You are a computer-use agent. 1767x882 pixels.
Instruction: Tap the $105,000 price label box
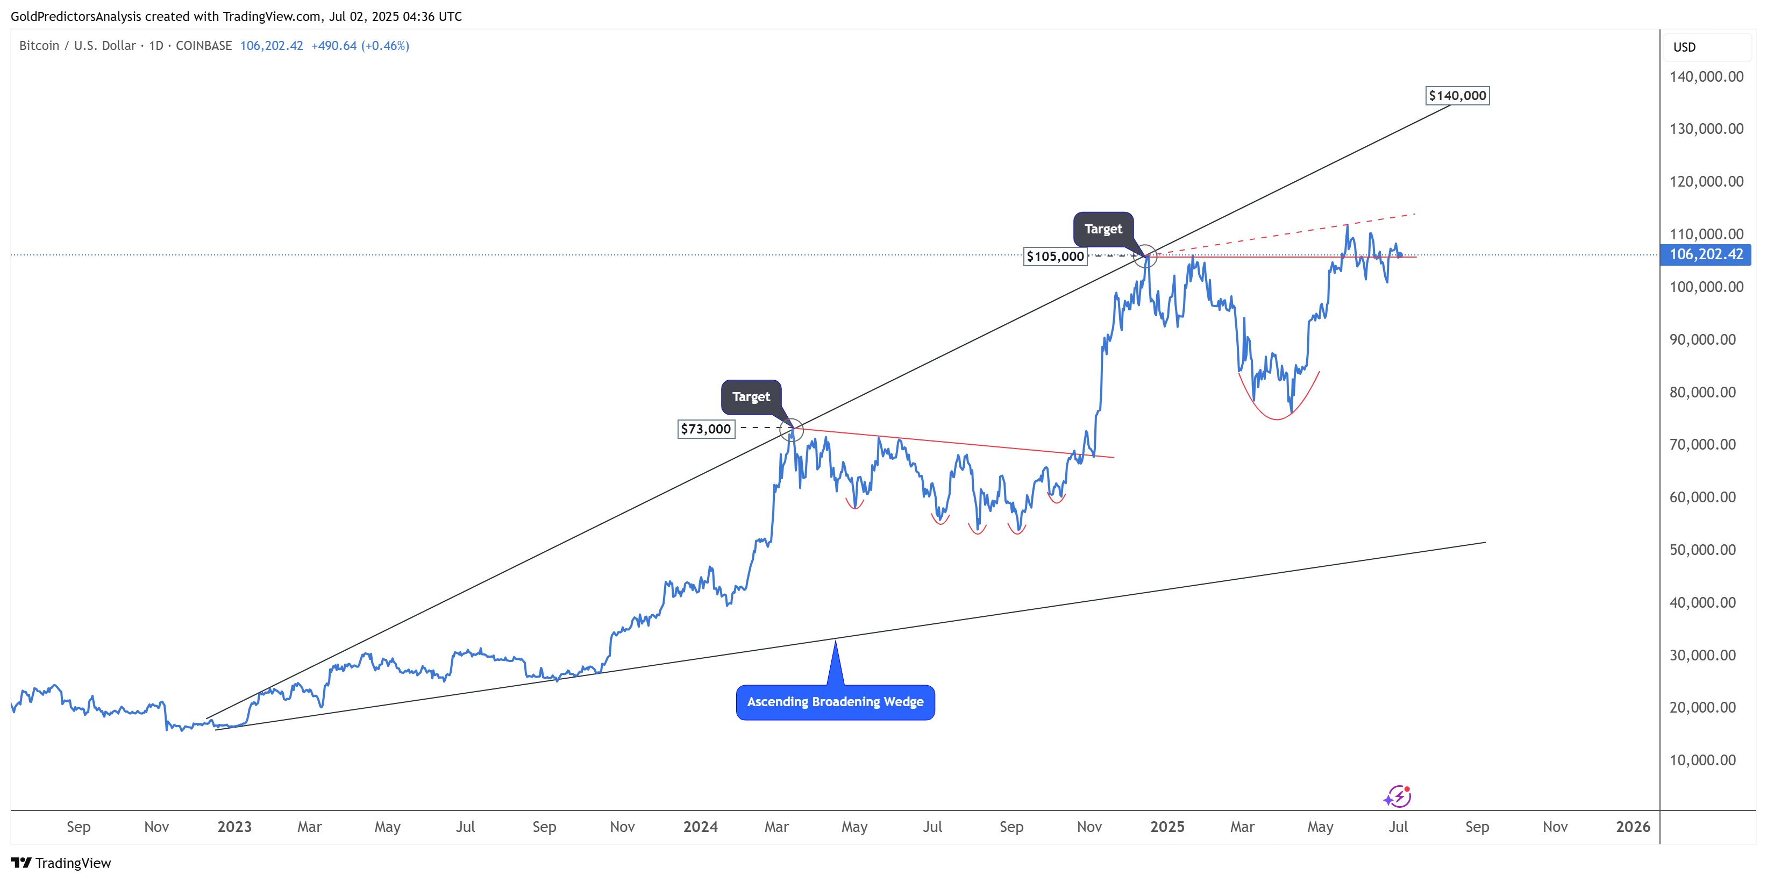pos(1055,257)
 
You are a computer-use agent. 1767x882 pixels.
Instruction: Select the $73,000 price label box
pos(706,429)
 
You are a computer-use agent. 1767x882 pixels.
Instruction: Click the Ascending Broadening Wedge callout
pos(835,702)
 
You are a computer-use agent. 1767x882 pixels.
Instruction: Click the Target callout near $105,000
pos(1103,229)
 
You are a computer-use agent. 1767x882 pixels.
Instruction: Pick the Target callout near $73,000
pos(751,397)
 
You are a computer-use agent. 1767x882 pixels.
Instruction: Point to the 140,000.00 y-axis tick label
pos(1706,77)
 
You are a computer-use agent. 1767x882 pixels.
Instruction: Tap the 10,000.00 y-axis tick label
pos(1702,760)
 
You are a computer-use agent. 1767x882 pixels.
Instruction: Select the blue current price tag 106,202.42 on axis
pos(1705,254)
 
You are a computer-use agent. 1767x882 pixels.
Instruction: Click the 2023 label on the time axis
pos(234,827)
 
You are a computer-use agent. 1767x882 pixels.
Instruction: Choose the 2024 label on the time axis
pos(700,827)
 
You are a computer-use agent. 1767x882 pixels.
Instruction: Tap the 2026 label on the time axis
pos(1633,827)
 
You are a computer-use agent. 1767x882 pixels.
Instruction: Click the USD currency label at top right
pos(1684,47)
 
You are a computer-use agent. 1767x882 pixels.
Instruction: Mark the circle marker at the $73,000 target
pos(792,430)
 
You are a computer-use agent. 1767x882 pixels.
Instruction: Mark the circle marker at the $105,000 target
pos(1145,257)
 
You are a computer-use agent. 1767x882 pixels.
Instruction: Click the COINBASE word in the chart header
pos(204,46)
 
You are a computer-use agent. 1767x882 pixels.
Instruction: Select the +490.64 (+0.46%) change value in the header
pos(360,46)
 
